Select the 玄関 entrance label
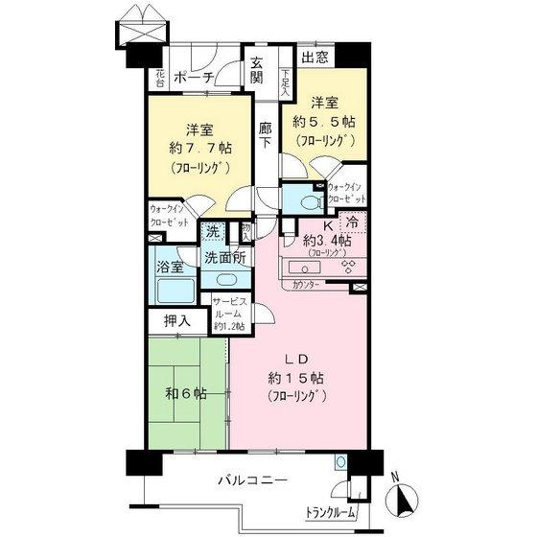point(259,73)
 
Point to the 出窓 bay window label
point(314,58)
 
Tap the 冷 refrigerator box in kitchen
point(353,222)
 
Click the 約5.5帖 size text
point(331,123)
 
